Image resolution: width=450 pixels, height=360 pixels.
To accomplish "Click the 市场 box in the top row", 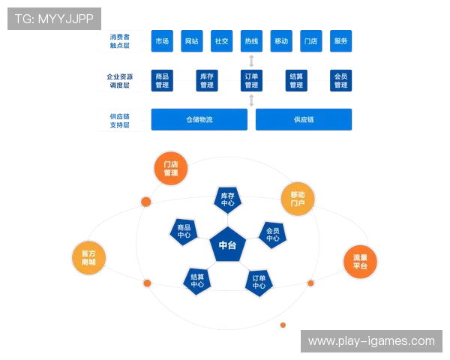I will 161,41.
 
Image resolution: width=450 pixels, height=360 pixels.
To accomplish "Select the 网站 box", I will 191,41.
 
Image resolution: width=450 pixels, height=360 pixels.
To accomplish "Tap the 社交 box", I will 221,41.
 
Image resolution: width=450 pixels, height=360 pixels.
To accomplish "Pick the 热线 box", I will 251,41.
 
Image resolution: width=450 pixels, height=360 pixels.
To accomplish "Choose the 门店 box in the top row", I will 311,41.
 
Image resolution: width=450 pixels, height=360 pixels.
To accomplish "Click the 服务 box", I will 341,41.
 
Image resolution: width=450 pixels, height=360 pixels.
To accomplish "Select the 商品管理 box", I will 161,80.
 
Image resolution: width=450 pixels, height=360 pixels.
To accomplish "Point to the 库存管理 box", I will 206,80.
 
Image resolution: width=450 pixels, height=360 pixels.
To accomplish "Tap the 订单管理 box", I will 251,80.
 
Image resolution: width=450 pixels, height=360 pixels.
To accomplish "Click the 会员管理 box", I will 341,80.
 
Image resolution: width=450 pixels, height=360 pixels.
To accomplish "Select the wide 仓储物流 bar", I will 199,119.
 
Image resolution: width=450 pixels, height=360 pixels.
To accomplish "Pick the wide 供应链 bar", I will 304,119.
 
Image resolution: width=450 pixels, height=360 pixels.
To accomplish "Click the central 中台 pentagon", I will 227,244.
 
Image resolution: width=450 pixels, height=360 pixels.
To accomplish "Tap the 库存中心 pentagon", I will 228,199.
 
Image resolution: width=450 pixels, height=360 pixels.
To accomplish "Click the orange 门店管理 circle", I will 171,168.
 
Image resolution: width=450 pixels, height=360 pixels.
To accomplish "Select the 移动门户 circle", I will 298,199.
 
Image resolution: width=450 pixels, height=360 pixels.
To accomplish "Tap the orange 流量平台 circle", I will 360,262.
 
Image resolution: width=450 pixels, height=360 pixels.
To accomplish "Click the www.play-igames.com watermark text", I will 371,341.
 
